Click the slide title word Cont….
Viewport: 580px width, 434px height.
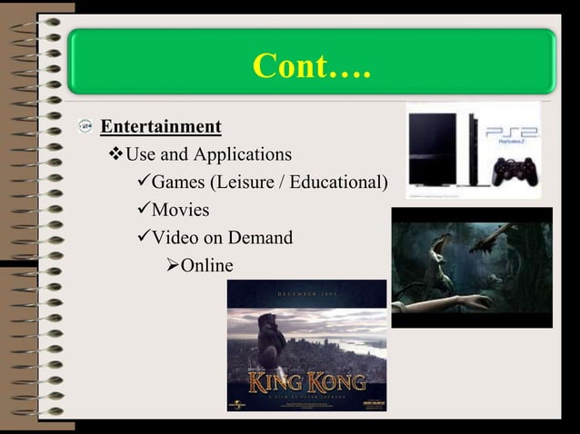tap(312, 66)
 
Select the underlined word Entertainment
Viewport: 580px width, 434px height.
tap(160, 126)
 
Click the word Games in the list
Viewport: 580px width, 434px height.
tap(178, 182)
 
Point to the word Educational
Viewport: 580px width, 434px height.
tap(341, 182)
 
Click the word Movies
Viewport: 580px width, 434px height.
tap(180, 211)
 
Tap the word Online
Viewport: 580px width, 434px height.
tap(206, 266)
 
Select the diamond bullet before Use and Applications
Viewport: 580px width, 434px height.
tap(115, 154)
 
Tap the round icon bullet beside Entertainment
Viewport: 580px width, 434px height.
tap(84, 127)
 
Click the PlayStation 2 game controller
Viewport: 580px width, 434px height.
tap(514, 170)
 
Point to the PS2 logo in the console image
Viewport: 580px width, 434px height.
tap(511, 132)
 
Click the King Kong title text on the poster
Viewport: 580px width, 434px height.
tap(307, 380)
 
